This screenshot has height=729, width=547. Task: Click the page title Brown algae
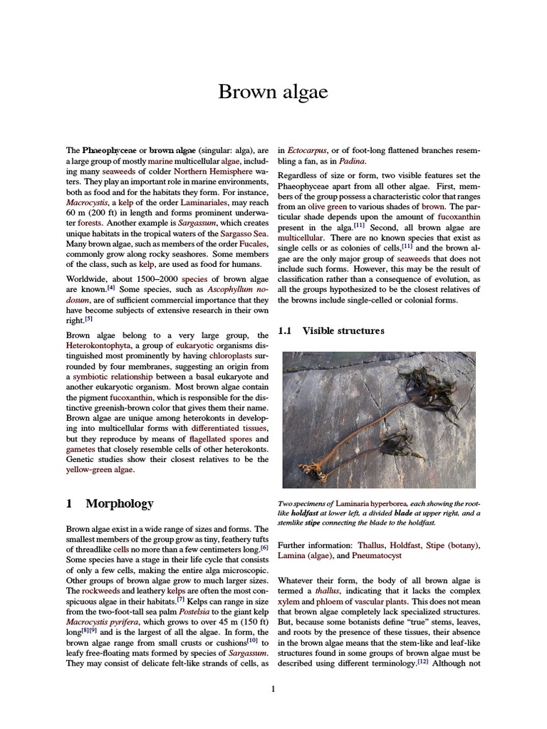[273, 92]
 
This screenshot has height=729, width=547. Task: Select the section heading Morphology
[119, 503]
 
